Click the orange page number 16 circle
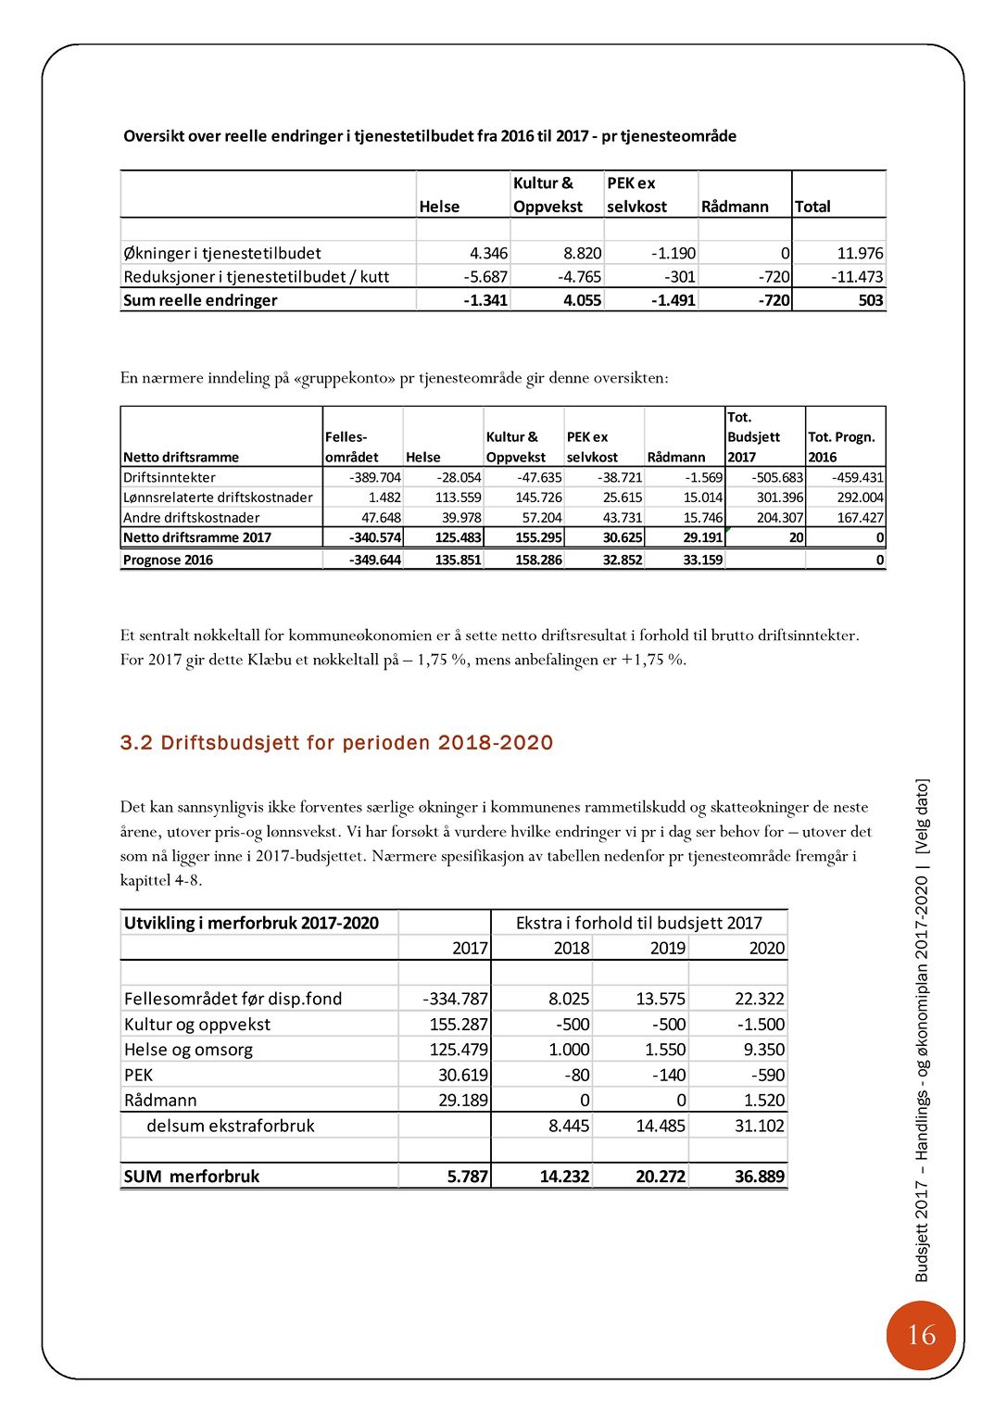point(920,1335)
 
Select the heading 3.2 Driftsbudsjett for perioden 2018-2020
point(336,743)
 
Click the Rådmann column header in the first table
point(735,207)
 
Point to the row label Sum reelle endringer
point(200,300)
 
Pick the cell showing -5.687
point(485,276)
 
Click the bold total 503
point(870,300)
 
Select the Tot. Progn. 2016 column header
point(841,447)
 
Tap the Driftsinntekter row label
point(170,477)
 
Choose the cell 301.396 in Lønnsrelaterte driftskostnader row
point(780,497)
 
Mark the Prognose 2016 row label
point(168,560)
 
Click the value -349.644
point(375,560)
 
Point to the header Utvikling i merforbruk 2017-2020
point(251,923)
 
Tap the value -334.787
point(455,999)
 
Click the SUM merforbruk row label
point(192,1177)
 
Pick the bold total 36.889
point(759,1177)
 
